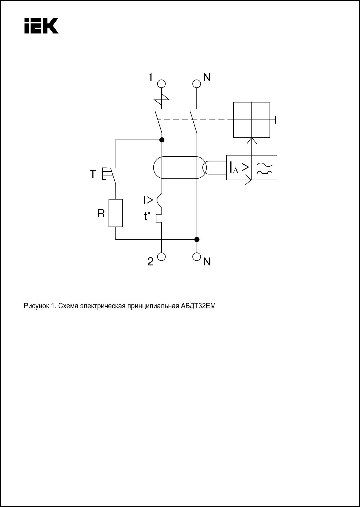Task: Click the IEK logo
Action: coord(41,25)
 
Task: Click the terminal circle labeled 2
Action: coord(161,256)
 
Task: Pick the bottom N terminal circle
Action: coord(197,256)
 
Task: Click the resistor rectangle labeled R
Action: coord(116,213)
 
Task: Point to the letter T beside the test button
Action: coord(93,174)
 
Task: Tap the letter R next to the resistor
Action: coord(101,214)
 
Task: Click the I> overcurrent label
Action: coord(148,200)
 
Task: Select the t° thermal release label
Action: coord(147,216)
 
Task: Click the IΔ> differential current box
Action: coord(239,168)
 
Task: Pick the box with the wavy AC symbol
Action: coord(265,168)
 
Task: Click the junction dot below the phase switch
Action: coord(162,140)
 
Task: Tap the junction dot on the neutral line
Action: coord(197,239)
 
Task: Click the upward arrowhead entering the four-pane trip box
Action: coord(252,140)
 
